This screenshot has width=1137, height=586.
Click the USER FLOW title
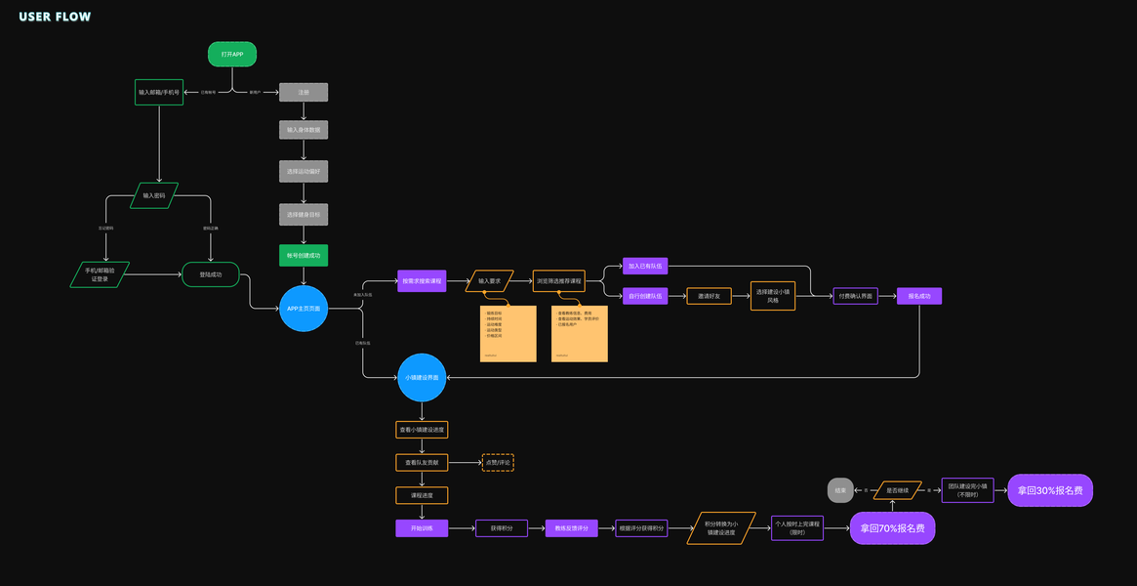click(55, 17)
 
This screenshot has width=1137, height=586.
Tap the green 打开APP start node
click(232, 55)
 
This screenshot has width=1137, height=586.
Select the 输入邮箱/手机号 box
click(158, 92)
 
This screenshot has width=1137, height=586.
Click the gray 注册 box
click(304, 92)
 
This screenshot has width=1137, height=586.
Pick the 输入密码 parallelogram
click(154, 195)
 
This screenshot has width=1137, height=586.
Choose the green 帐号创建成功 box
click(304, 256)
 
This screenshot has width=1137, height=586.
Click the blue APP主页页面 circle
click(304, 309)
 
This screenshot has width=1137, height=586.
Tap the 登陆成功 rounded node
click(210, 274)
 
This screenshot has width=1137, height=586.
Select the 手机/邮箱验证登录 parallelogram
click(100, 274)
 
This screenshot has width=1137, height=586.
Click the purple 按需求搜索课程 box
click(422, 281)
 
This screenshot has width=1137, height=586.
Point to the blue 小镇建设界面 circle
click(422, 377)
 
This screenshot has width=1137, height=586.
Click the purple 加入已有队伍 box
click(645, 266)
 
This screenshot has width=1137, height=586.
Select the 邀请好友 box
click(709, 296)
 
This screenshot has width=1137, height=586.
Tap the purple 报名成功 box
click(919, 296)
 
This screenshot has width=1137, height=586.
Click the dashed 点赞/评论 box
click(498, 462)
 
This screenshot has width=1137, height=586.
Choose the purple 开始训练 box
click(422, 528)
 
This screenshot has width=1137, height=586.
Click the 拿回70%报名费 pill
click(892, 528)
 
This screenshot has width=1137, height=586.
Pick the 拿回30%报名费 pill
click(1050, 490)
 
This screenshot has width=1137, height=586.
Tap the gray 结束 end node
click(839, 490)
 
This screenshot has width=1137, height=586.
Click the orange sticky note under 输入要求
click(508, 333)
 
